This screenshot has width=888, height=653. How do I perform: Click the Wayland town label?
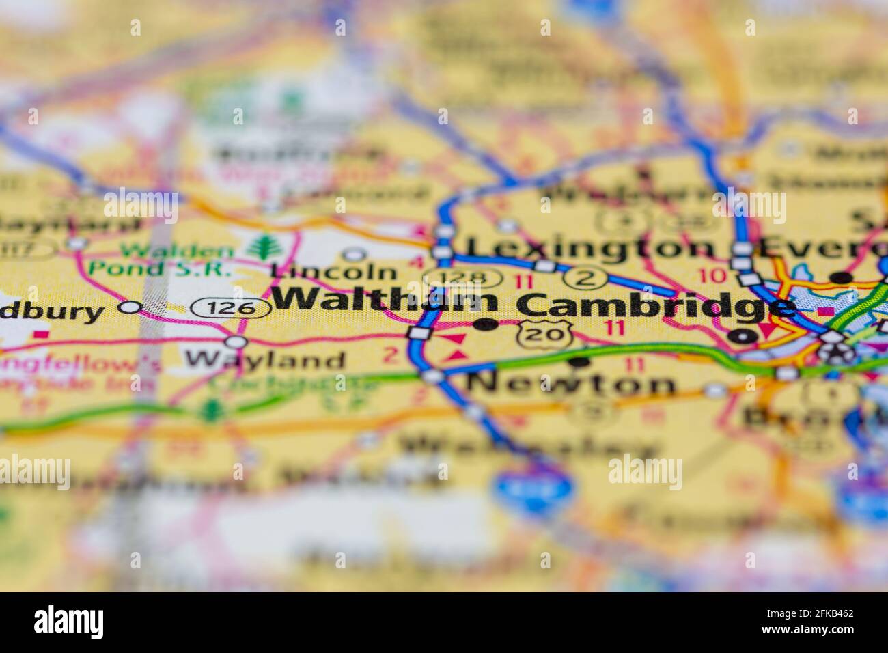[265, 359]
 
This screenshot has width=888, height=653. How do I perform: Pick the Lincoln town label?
[333, 271]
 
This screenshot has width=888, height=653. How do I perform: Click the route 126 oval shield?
[230, 308]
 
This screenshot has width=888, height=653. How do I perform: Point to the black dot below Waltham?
[486, 324]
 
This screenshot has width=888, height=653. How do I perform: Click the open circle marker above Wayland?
[236, 341]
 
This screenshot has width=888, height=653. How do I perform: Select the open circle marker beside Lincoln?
[354, 255]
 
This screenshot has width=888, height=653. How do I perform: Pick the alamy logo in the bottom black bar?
[69, 622]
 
